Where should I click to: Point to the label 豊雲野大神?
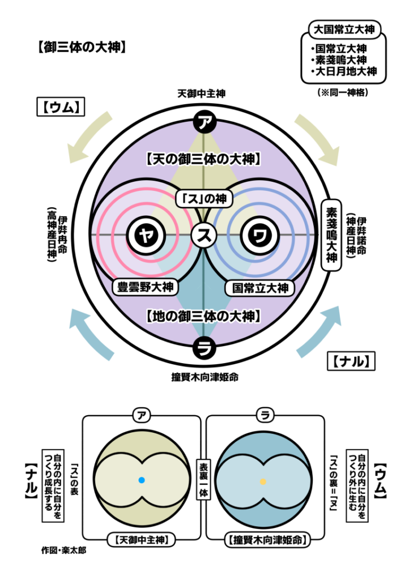point(146,287)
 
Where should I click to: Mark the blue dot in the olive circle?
point(142,480)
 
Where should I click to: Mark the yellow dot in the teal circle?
point(263,481)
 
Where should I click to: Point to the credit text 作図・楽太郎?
point(63,549)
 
